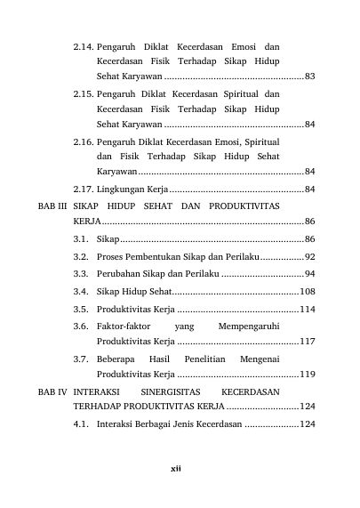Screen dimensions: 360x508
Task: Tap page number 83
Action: (x=309, y=77)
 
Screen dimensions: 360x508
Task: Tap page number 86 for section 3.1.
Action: (x=309, y=239)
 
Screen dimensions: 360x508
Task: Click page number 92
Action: (x=309, y=256)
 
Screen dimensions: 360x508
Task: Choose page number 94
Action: (x=309, y=273)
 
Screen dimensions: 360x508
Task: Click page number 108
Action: (x=308, y=291)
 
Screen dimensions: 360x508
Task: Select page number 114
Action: (x=308, y=309)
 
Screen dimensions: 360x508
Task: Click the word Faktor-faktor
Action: (x=124, y=326)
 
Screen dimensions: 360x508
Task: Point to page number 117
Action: (x=308, y=341)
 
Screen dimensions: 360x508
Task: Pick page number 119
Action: (x=308, y=374)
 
